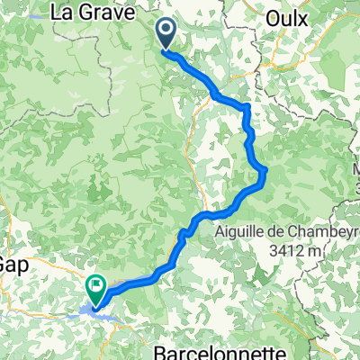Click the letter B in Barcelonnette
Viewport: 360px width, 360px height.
(x=162, y=348)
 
